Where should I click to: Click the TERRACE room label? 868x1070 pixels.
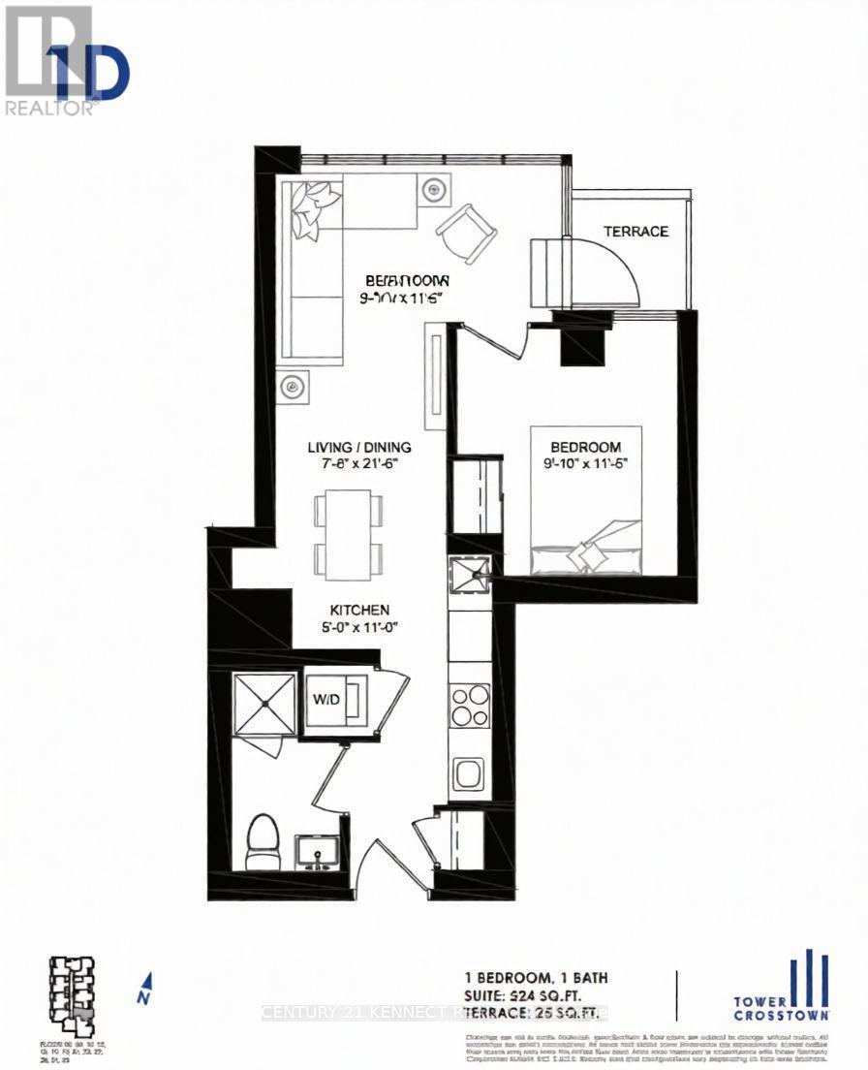(x=636, y=232)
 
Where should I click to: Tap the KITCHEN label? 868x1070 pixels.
(x=360, y=611)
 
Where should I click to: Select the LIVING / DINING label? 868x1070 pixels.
(x=359, y=447)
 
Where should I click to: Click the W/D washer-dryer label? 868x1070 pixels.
(x=323, y=699)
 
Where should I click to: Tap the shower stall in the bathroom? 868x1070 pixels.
(x=264, y=703)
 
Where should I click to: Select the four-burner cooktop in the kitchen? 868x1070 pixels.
(x=470, y=706)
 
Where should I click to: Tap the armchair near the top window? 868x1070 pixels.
(x=466, y=233)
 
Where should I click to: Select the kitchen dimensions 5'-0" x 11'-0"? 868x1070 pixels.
(x=360, y=627)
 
